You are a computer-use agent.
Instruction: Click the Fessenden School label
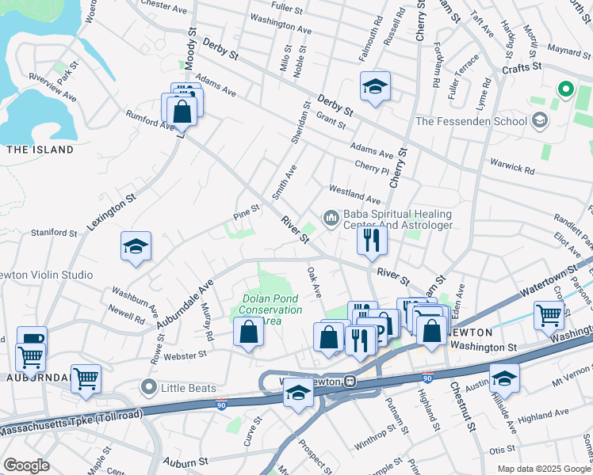[x=471, y=121]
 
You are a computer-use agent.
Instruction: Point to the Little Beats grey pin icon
[x=147, y=387]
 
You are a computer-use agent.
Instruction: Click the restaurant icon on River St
[x=372, y=239]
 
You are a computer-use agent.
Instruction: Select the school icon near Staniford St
[x=136, y=246]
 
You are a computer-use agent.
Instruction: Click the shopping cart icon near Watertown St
[x=549, y=316]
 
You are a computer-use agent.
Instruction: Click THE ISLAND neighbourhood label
[x=40, y=150]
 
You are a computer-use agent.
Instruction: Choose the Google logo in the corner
[x=26, y=465]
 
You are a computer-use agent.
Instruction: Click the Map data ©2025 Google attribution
[x=544, y=469]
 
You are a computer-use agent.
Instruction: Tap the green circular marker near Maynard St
[x=565, y=89]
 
